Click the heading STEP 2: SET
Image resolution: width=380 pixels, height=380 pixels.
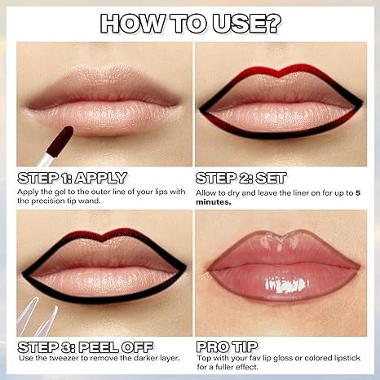pyautogui.click(x=241, y=177)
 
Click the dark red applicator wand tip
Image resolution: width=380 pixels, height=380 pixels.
pyautogui.click(x=60, y=143)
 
